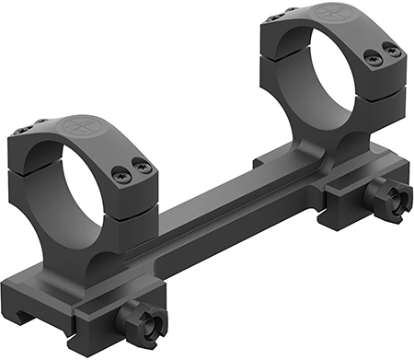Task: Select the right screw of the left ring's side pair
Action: (142, 166)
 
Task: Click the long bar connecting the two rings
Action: (212, 212)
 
